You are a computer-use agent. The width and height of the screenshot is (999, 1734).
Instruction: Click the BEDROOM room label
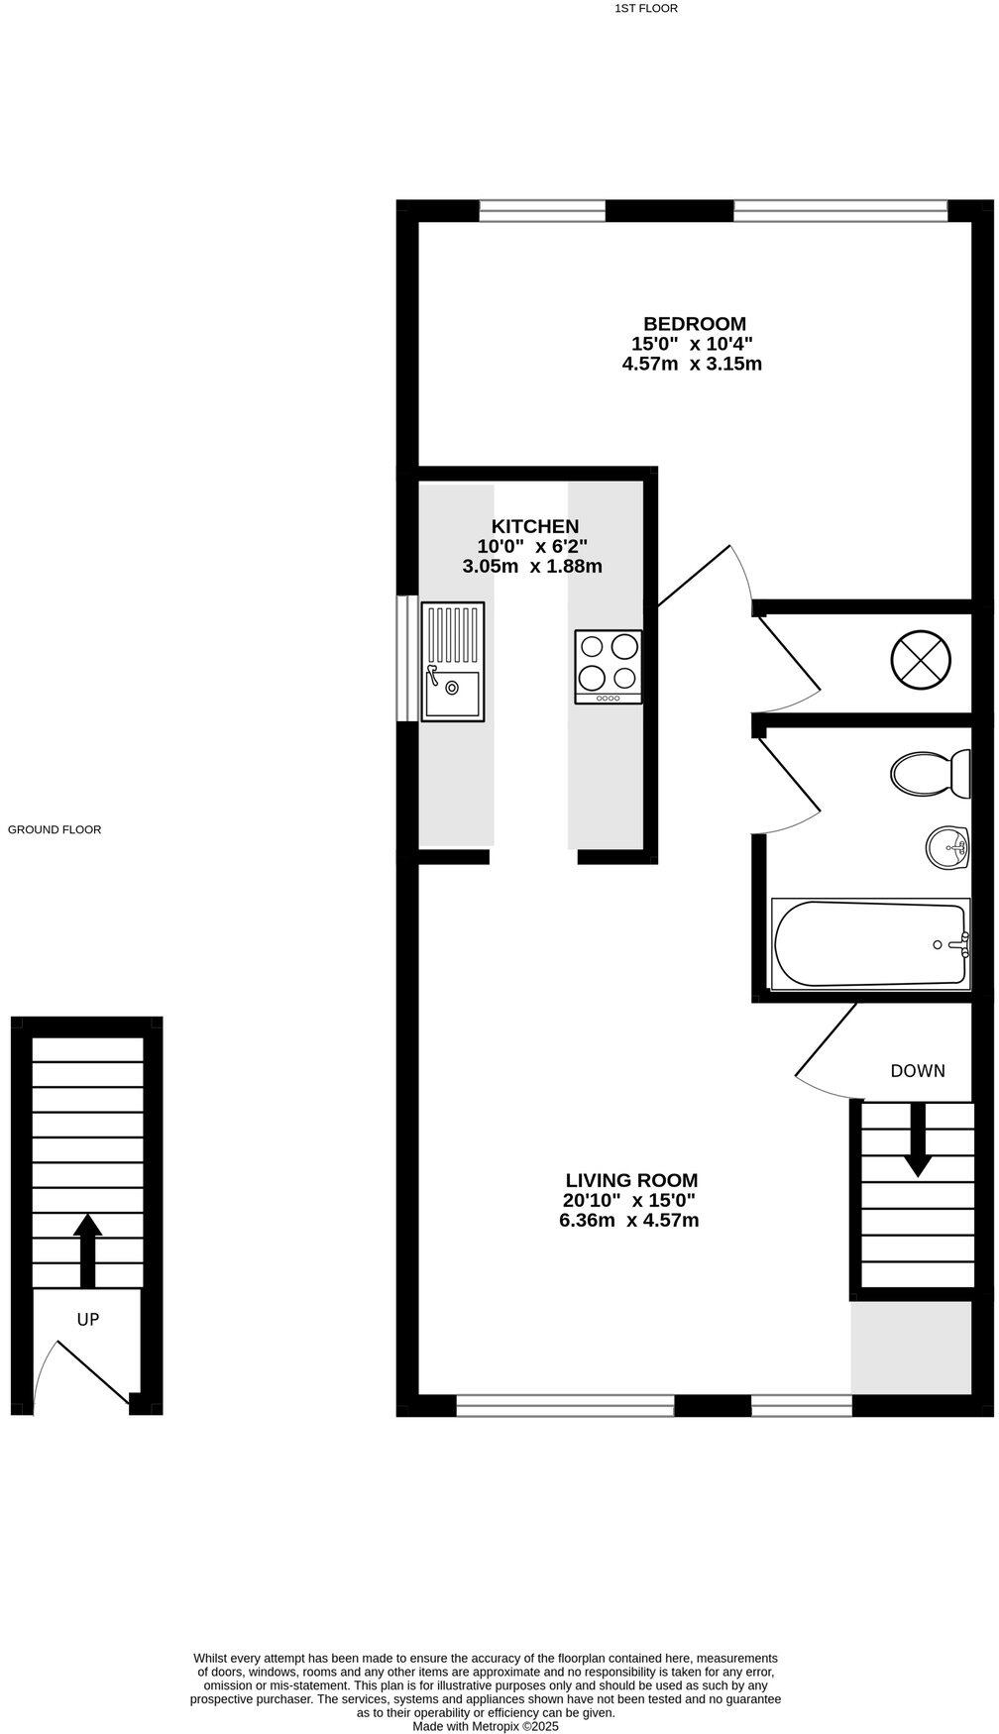coord(694,324)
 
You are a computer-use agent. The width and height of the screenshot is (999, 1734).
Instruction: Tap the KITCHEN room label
coord(535,526)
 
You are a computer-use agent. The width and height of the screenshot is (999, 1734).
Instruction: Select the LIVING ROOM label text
coord(631,1180)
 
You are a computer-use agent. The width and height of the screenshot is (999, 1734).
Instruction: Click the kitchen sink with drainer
coord(453,661)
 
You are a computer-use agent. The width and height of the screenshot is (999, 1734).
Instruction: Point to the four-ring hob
coord(608,667)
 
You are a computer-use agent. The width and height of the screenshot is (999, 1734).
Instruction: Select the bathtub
coord(869,942)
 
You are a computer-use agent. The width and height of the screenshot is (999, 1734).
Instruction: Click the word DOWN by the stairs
coord(917,1071)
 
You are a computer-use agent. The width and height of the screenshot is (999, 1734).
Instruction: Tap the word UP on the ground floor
coord(88,1319)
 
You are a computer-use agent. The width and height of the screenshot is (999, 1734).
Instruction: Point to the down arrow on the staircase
coord(918,1140)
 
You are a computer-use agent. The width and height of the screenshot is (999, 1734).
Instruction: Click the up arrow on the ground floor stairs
coord(88,1248)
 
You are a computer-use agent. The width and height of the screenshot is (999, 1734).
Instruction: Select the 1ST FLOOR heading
coord(645,8)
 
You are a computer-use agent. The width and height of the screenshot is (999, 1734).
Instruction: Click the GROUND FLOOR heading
coord(55,829)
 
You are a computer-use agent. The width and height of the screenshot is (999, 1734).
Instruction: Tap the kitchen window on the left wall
coord(406,658)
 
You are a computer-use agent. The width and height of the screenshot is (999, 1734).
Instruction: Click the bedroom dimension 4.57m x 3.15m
coord(692,364)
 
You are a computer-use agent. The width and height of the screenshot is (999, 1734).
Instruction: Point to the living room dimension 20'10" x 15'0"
coord(629,1200)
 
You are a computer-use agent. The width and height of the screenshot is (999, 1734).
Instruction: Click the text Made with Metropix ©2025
coord(486,1725)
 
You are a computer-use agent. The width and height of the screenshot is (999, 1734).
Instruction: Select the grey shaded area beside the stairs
coord(910,1348)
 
